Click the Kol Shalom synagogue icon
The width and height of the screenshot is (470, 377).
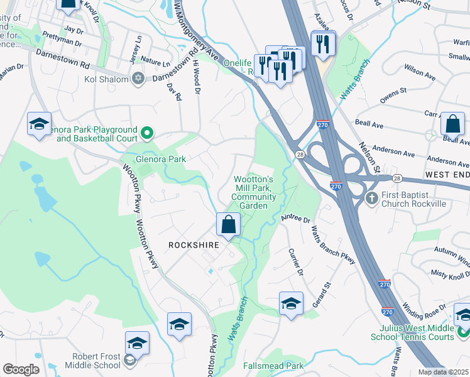(x=138, y=79)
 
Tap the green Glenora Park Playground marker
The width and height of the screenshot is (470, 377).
(x=147, y=133)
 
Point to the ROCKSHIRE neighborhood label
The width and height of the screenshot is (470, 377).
(x=193, y=245)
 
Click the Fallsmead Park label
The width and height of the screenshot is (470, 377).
(x=273, y=366)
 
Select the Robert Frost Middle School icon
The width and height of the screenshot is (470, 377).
(x=130, y=360)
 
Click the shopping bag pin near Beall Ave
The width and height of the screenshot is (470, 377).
(x=452, y=124)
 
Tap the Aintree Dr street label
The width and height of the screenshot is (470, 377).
(x=297, y=219)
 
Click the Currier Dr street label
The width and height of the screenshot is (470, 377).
(x=295, y=265)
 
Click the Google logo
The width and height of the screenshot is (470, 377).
(x=21, y=369)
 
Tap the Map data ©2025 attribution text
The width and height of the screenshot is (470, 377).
(x=444, y=372)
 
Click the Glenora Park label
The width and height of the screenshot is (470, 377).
(x=161, y=159)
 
